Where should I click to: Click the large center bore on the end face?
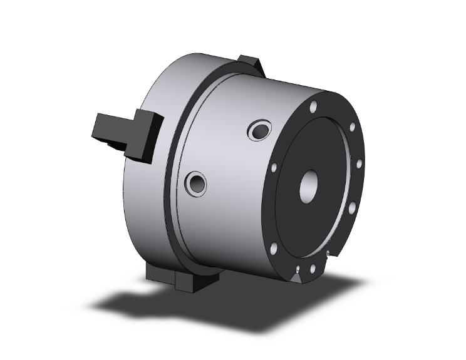(310, 187)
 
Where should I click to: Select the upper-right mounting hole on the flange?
(352, 127)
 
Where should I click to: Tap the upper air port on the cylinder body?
(258, 132)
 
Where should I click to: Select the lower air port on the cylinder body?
(197, 183)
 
